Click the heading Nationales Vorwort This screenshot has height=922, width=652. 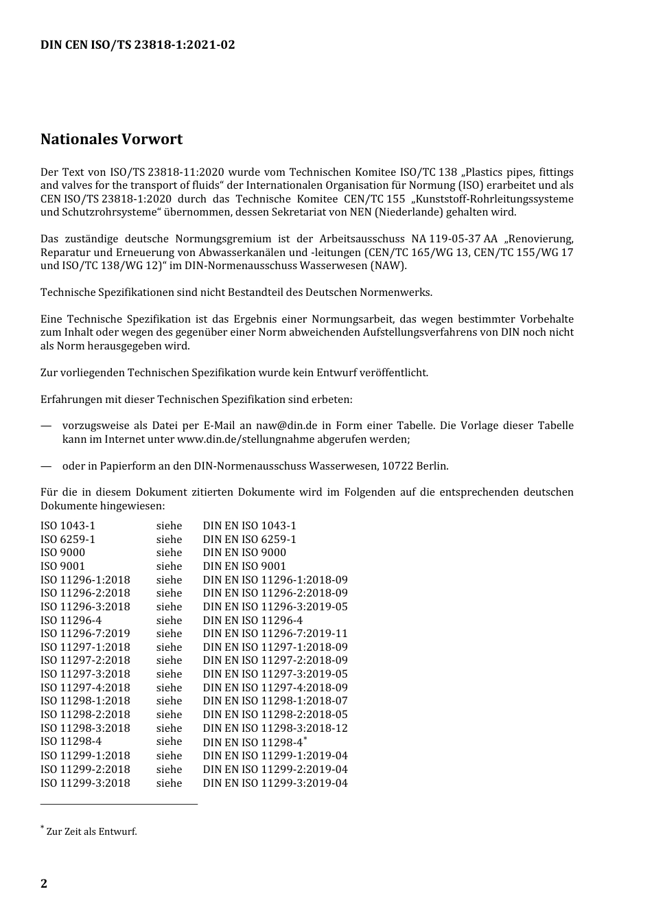[x=111, y=139]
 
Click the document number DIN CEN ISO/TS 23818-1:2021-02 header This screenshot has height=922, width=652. [x=137, y=45]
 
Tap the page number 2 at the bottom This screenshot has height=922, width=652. [x=44, y=884]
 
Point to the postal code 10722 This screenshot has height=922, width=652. [x=397, y=466]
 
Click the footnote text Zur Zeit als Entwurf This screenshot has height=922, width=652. [x=91, y=831]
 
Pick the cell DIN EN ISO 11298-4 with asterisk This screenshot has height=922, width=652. [x=254, y=742]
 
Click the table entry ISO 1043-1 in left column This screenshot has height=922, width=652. [x=68, y=526]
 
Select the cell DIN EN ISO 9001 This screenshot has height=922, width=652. [x=244, y=566]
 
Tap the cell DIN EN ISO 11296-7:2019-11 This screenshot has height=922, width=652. [x=275, y=634]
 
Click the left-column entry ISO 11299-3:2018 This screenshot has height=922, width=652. [x=85, y=783]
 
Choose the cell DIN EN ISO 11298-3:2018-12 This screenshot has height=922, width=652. [x=275, y=728]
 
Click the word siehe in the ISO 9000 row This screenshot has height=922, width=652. [x=169, y=553]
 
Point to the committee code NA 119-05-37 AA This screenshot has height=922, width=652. [x=454, y=239]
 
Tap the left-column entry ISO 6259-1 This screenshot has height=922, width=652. [x=68, y=540]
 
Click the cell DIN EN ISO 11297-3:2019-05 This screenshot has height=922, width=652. [x=275, y=674]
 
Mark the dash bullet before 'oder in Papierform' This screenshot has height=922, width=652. [x=46, y=466]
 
